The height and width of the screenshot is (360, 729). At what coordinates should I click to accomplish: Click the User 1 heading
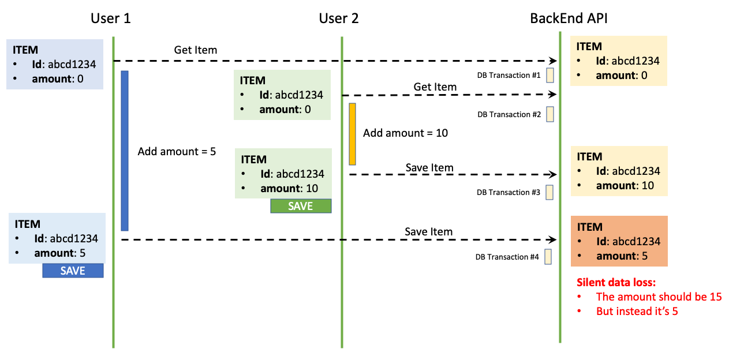[111, 18]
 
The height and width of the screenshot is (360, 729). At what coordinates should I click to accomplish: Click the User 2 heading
[339, 18]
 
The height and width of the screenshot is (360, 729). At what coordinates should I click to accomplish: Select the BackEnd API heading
[569, 18]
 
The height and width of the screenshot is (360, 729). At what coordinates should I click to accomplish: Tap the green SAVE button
[301, 206]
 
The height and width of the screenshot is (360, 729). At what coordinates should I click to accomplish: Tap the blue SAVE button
[73, 271]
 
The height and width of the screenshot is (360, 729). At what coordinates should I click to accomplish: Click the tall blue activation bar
[124, 151]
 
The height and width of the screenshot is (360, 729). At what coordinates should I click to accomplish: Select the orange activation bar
[352, 134]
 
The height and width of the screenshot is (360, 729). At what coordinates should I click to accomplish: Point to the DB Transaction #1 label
[509, 76]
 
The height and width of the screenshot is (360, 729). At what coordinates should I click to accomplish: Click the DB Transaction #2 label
[509, 115]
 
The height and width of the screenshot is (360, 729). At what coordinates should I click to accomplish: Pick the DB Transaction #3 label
[508, 193]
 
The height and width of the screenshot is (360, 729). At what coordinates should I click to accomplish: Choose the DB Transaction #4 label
[507, 257]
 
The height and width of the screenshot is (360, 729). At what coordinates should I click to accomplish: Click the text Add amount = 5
[177, 152]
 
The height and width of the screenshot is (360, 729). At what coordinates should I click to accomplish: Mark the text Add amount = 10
[405, 133]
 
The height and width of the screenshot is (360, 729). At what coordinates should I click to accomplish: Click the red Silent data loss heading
[616, 283]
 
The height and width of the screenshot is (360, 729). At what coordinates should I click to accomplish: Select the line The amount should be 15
[659, 297]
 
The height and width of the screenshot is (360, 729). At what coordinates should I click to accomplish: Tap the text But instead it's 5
[637, 311]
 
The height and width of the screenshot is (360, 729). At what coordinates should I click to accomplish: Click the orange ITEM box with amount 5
[619, 241]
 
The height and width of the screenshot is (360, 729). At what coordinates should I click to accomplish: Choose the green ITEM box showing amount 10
[283, 173]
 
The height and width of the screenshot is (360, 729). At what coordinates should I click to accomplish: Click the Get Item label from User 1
[196, 50]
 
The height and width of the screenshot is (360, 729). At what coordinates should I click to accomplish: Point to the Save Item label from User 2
[429, 168]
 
